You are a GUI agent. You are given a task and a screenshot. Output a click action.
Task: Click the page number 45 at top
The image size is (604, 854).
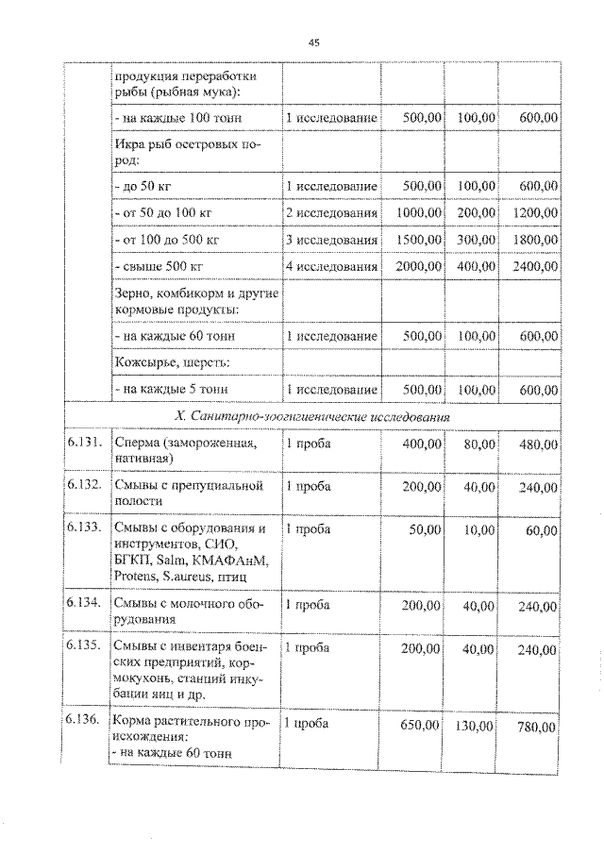(314, 42)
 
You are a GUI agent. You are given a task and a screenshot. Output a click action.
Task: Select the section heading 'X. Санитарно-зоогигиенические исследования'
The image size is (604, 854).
(311, 415)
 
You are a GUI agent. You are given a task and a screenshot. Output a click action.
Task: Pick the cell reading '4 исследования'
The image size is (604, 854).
(331, 267)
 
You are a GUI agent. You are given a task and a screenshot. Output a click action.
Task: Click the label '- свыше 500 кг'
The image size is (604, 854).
(157, 267)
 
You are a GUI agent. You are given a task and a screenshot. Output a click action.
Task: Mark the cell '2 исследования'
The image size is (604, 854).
(331, 213)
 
